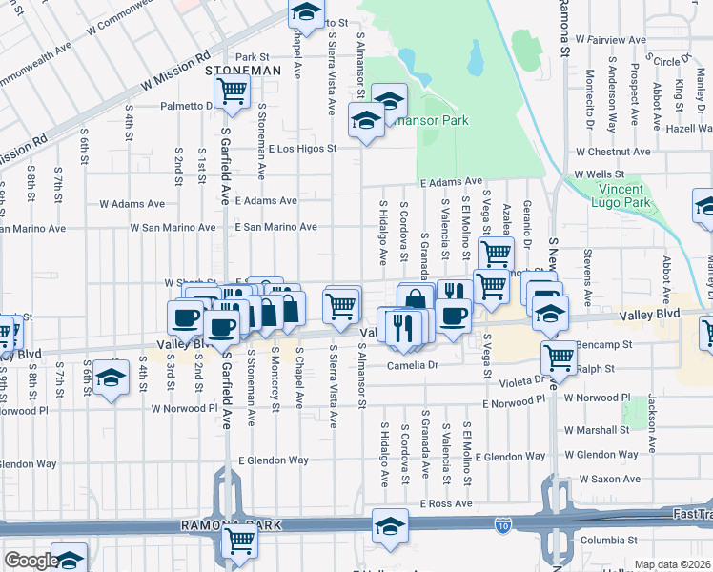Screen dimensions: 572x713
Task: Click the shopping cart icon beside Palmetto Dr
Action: (232, 92)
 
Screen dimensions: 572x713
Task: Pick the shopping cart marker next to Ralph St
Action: (559, 357)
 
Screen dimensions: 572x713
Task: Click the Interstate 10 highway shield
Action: (502, 525)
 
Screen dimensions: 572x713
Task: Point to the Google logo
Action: (31, 561)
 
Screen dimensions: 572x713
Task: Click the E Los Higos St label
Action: (303, 149)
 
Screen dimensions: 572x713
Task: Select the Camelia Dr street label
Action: (411, 365)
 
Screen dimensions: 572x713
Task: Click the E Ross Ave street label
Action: (447, 502)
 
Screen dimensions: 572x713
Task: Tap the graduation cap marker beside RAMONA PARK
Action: (389, 527)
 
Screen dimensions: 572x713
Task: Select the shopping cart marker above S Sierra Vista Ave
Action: (341, 304)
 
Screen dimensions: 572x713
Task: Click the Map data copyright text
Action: (673, 564)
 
